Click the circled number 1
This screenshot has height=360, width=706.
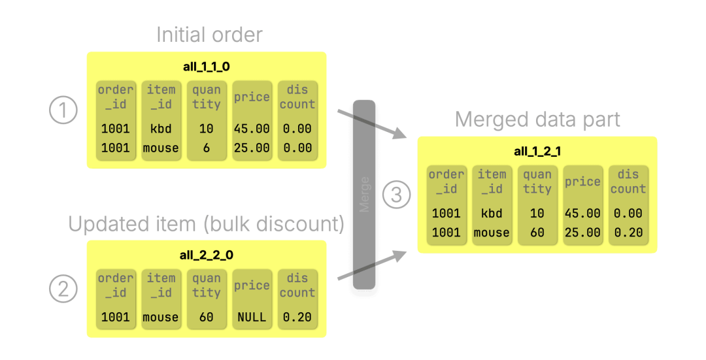click(x=63, y=111)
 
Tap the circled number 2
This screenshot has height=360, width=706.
click(x=63, y=289)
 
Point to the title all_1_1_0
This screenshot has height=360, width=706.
click(x=206, y=66)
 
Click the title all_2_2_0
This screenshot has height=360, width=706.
click(x=206, y=255)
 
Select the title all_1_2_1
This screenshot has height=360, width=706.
click(x=537, y=152)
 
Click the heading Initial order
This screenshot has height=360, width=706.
click(x=209, y=35)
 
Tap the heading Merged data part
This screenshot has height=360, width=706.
click(x=537, y=120)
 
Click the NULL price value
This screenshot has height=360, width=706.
click(x=252, y=318)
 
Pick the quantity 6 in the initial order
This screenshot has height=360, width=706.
click(x=206, y=148)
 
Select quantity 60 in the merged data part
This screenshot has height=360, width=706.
click(x=537, y=233)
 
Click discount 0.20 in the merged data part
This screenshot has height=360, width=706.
click(x=628, y=233)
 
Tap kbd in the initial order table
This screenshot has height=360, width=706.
click(x=161, y=129)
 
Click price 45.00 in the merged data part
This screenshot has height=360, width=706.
click(x=582, y=214)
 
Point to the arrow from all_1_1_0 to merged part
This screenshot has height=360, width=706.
click(x=371, y=124)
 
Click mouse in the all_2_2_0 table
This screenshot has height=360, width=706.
click(x=161, y=318)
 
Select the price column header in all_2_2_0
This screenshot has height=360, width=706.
click(x=252, y=286)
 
